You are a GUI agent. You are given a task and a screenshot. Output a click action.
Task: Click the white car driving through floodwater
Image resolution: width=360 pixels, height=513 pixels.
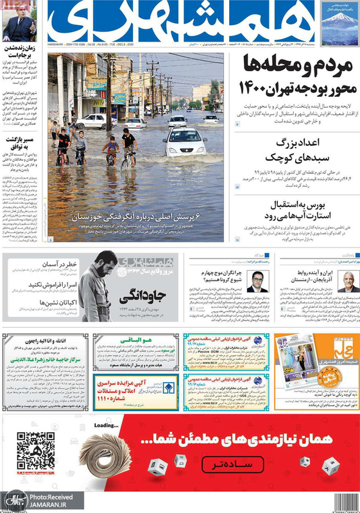[x=185, y=142]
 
